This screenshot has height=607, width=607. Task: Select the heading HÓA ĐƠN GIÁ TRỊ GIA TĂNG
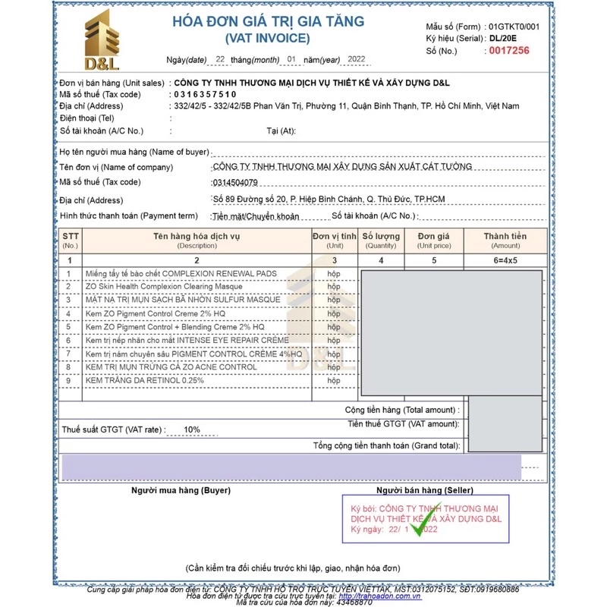pyautogui.click(x=268, y=22)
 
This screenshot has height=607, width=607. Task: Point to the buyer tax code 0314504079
pyautogui.click(x=236, y=182)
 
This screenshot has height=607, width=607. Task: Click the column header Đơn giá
pyautogui.click(x=433, y=237)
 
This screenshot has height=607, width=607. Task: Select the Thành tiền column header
pyautogui.click(x=505, y=237)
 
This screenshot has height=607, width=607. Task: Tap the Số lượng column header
pyautogui.click(x=381, y=237)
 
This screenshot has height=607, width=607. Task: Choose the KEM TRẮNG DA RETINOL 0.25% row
pyautogui.click(x=144, y=379)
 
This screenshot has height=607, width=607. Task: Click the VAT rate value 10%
pyautogui.click(x=191, y=429)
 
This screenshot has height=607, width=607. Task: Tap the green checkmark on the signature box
pyautogui.click(x=423, y=521)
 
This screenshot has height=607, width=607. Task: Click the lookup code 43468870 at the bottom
pyautogui.click(x=355, y=602)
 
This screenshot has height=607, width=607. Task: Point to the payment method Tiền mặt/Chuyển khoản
pyautogui.click(x=256, y=217)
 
